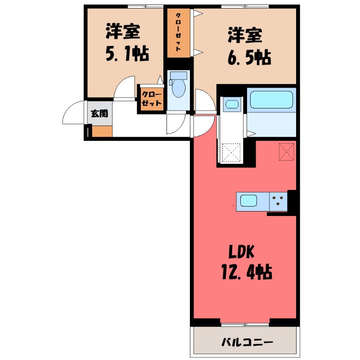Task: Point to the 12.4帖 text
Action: [x=245, y=272]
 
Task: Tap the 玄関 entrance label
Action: [x=99, y=113]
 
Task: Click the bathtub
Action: [x=271, y=99]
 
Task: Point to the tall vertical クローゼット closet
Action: [x=179, y=32]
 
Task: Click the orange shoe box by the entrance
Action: [x=102, y=131]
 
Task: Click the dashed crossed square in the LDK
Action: [x=287, y=152]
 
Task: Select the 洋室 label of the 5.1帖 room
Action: [x=123, y=32]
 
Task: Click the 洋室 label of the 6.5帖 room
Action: [x=245, y=35]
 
